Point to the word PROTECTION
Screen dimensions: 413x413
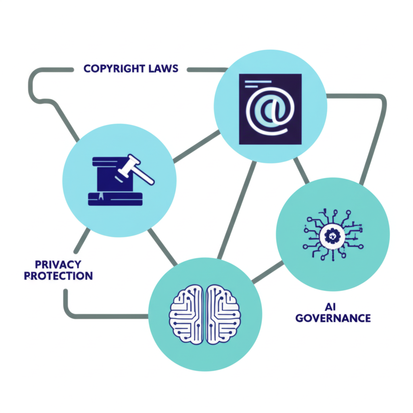pyautogui.click(x=58, y=276)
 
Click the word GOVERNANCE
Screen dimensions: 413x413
pyautogui.click(x=333, y=317)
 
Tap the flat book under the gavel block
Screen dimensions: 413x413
pyautogui.click(x=115, y=199)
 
